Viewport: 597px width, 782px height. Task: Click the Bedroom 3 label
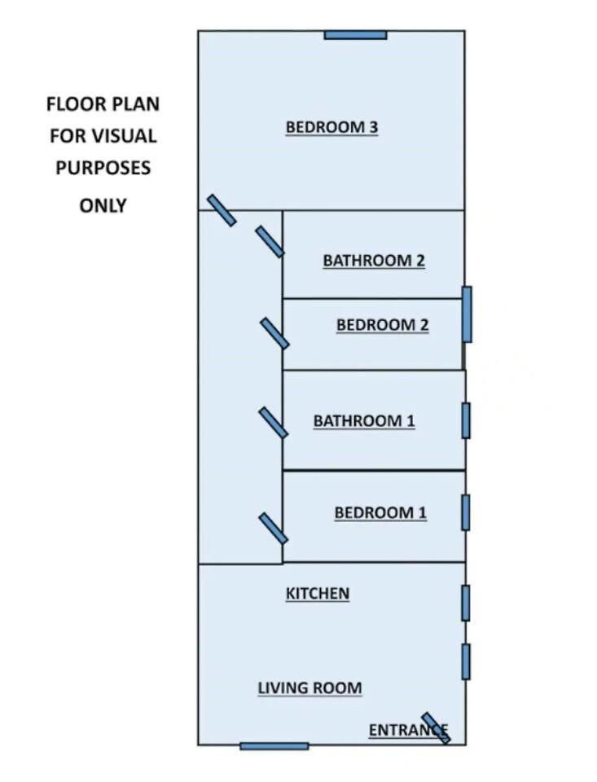331,127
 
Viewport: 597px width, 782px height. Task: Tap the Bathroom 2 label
374,261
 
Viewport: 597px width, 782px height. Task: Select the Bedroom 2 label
383,325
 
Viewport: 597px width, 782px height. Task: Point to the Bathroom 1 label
364,420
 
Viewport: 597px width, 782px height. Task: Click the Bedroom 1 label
380,512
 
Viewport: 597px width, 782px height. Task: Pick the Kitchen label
317,594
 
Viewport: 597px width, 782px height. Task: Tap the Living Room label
309,688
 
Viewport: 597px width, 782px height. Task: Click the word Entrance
408,730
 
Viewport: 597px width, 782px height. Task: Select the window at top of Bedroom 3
356,35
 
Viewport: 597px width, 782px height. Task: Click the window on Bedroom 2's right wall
467,314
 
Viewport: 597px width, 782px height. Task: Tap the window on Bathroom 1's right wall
466,421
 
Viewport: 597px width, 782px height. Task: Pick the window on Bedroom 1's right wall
465,512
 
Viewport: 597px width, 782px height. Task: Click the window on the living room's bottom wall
274,746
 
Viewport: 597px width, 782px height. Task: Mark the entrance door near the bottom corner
436,728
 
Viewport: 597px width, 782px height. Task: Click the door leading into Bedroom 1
274,529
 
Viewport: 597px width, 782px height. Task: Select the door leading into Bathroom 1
274,423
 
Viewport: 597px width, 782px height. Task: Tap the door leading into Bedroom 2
274,334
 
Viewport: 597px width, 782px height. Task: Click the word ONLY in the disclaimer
103,205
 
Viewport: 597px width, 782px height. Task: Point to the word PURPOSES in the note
103,168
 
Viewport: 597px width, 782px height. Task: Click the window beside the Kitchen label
465,603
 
